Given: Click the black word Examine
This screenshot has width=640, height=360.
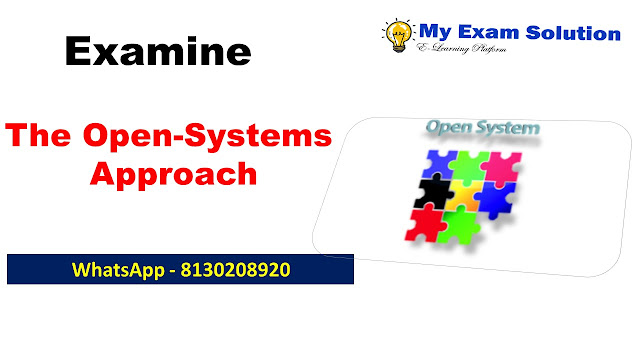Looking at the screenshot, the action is coord(158,51).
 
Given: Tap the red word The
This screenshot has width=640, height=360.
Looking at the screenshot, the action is coord(38,135).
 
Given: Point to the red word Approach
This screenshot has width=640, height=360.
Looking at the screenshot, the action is coord(173,175).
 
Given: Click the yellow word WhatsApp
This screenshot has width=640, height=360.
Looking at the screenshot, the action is coord(118,271).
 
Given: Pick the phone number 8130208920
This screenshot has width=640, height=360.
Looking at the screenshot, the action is coord(236,270).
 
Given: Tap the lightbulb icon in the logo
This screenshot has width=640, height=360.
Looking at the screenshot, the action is coord(398,36).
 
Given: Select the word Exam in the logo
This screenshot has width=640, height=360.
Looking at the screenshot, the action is coord(488,32).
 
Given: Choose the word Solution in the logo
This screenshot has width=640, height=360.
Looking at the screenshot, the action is coord(573,33).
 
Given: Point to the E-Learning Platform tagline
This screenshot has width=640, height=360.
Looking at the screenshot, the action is coord(461,48).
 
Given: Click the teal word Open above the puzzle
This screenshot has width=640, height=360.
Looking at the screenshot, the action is coord(449,128).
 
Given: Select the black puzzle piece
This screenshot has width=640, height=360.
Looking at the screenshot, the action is coord(433,191).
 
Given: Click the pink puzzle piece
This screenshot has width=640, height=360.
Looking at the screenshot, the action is coord(502,167).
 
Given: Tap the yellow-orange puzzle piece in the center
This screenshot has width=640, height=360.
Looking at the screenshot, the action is coord(464,196).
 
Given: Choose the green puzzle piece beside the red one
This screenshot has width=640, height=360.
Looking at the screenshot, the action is coord(458,226).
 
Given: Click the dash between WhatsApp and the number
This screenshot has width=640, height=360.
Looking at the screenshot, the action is coord(173,271).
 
